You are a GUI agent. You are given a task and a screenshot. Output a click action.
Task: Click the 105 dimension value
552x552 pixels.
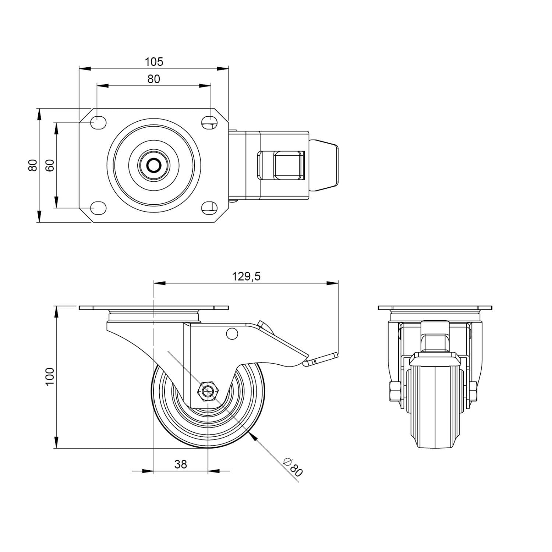tap(154, 62)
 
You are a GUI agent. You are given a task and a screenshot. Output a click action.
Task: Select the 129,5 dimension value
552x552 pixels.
tap(246, 276)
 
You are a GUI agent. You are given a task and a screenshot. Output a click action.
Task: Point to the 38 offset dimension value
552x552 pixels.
tap(181, 464)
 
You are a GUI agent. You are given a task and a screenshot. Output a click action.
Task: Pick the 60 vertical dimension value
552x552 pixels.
tap(50, 165)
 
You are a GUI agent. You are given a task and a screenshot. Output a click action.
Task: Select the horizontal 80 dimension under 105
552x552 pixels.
tap(154, 79)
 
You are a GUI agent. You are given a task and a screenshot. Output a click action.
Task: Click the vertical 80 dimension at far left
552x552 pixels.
tap(33, 165)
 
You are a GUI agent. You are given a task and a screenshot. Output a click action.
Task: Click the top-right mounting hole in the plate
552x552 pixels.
tap(209, 123)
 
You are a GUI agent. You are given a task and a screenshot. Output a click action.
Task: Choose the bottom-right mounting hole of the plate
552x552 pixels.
tap(209, 208)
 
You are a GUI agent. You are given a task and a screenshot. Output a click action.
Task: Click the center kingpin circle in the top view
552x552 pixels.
tap(154, 165)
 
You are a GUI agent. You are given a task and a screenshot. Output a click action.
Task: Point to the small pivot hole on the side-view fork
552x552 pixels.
tap(232, 333)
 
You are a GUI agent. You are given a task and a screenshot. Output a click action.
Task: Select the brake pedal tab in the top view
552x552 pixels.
tap(323, 165)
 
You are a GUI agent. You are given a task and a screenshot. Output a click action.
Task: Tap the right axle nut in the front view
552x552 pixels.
tap(473, 392)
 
